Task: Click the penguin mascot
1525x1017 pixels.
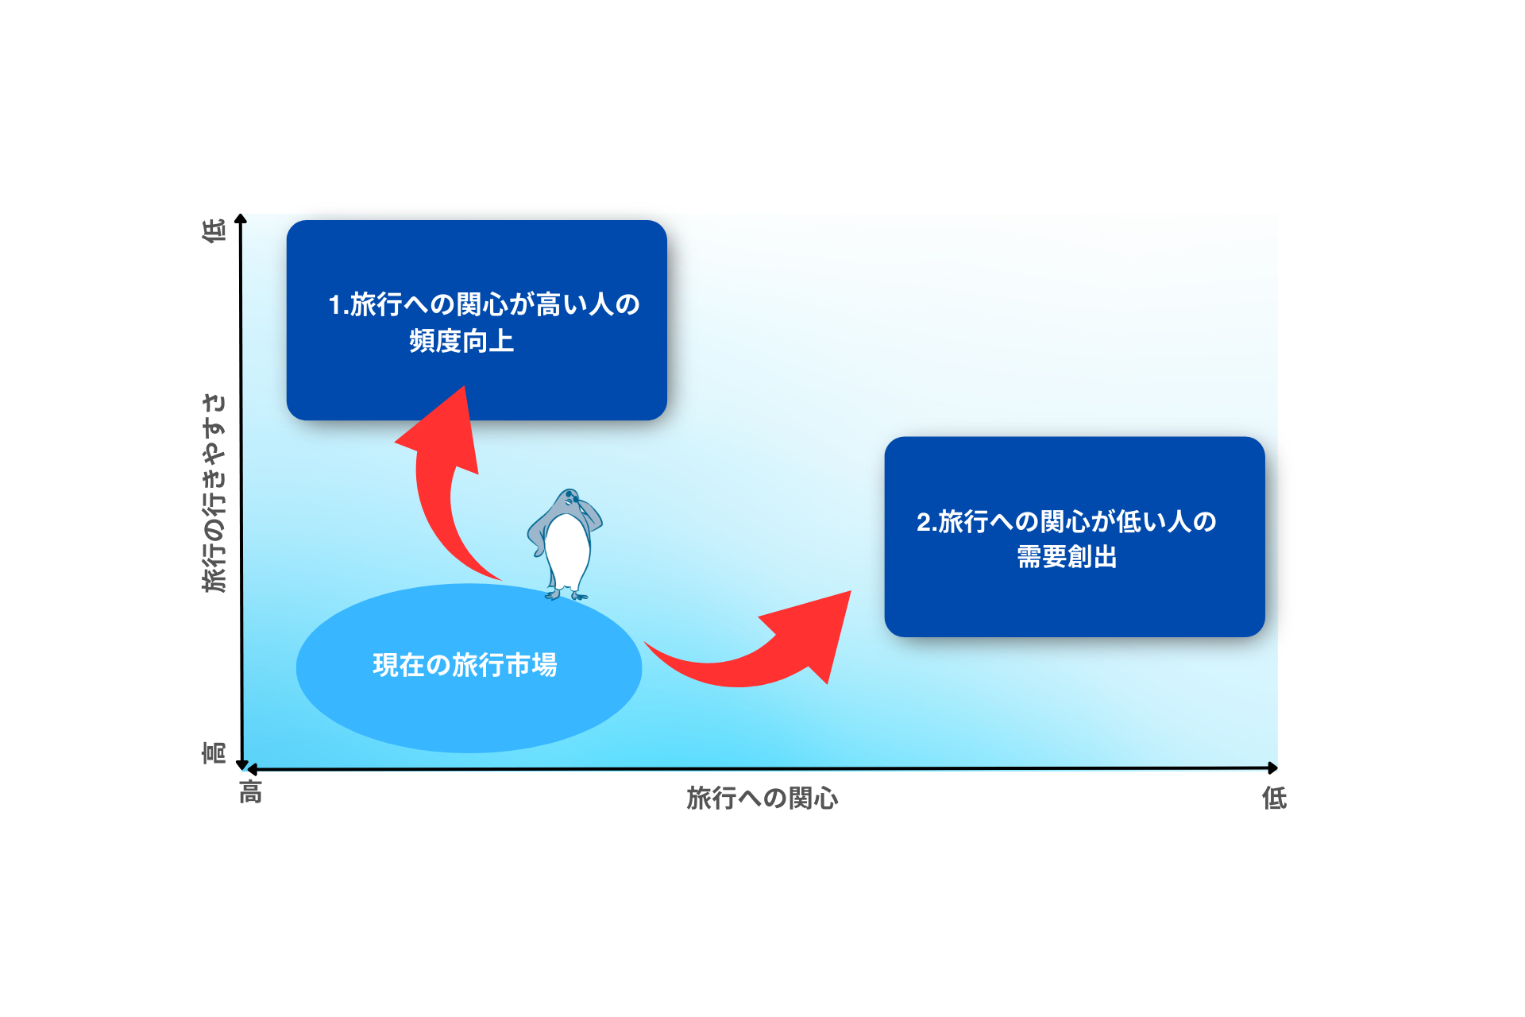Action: point(566,544)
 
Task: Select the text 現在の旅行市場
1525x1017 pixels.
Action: point(465,665)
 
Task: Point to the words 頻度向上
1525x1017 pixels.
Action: point(461,341)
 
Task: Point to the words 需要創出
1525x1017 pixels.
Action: point(1067,557)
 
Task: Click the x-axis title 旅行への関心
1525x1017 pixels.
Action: point(762,798)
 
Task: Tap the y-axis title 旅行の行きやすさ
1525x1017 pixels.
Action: point(214,493)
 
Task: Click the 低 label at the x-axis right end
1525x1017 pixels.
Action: point(1274,798)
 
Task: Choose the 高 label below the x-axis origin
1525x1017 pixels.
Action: point(251,792)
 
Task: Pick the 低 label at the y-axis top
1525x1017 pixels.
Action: point(214,230)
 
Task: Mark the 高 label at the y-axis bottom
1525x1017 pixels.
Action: point(214,752)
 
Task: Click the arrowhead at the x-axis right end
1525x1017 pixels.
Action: point(1272,768)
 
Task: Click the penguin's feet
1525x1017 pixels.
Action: point(566,594)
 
